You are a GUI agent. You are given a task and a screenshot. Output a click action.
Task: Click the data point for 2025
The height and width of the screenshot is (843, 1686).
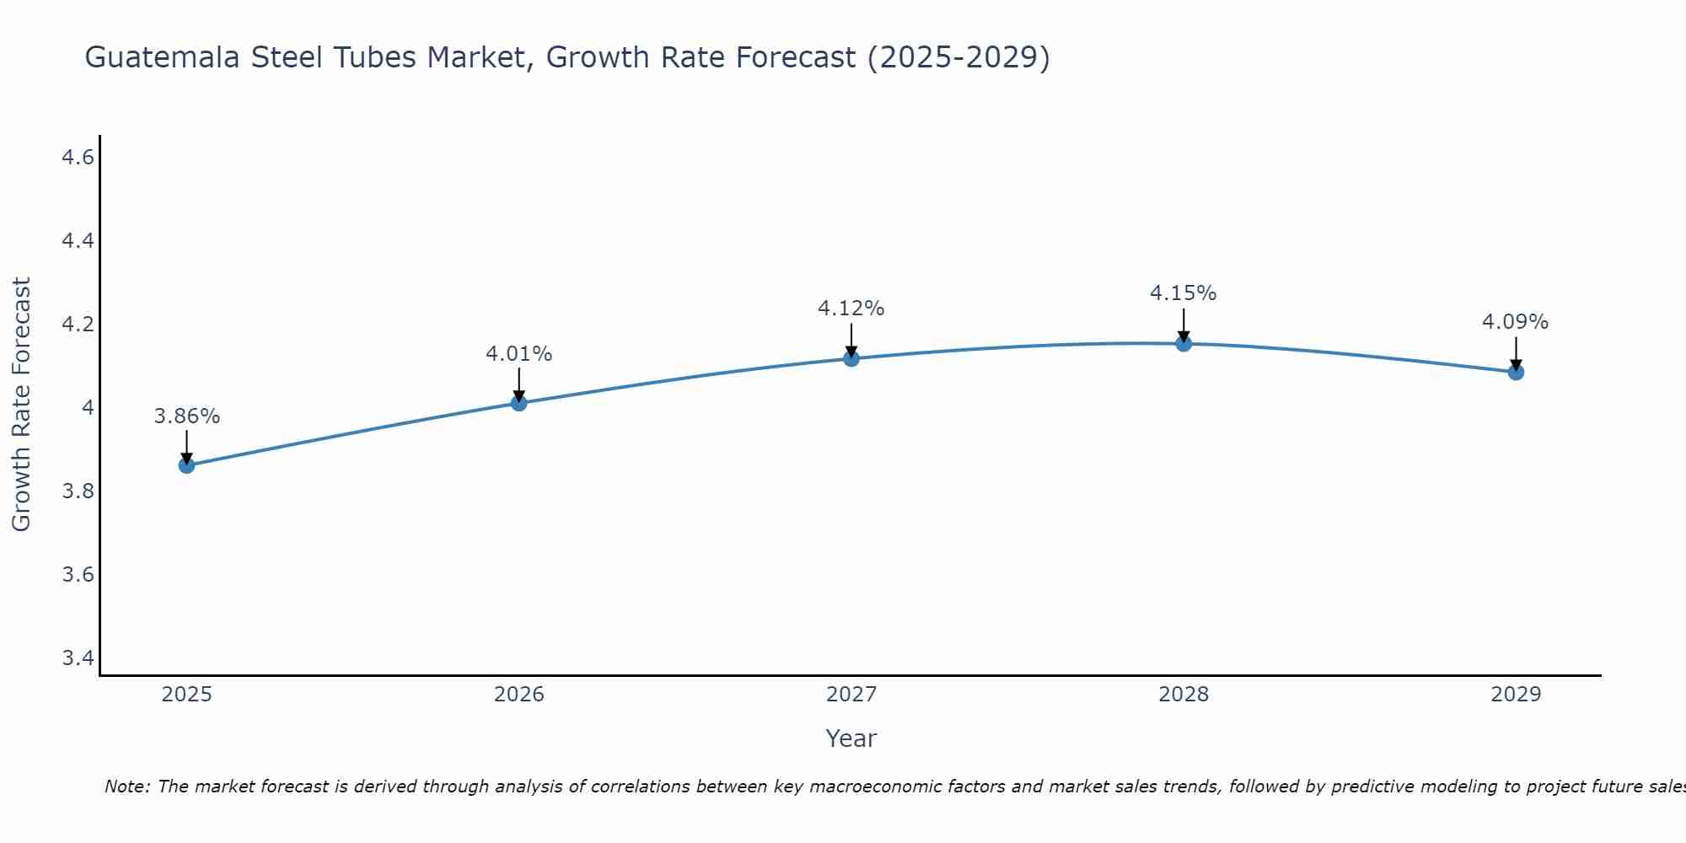coord(186,465)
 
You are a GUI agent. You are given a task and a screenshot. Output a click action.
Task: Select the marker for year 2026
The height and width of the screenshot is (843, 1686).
coord(518,403)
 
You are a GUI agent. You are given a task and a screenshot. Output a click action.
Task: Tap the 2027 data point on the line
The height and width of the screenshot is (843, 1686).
coord(851,358)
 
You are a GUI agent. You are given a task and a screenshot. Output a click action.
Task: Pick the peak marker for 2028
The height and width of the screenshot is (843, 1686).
coord(1184,343)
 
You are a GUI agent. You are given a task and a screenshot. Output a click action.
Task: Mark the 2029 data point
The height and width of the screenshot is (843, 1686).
coord(1516,372)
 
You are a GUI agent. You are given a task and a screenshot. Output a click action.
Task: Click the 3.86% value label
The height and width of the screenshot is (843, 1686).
coord(186,416)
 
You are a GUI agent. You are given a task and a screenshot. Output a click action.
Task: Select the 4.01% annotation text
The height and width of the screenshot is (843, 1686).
coord(518,354)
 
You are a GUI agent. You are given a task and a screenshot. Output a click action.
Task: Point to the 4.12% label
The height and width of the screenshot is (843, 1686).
coord(851,309)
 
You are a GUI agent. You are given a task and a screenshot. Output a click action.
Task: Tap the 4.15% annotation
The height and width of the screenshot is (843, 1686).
coord(1184,293)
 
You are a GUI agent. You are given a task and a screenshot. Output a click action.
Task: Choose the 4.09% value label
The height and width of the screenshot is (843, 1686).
coord(1516,322)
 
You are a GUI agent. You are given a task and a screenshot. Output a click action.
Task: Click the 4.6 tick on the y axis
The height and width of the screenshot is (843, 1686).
coord(78,158)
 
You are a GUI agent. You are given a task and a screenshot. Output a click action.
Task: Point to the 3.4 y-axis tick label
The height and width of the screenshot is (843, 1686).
coord(78,658)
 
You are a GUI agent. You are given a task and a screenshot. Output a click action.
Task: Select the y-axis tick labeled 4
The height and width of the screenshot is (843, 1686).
coord(87,408)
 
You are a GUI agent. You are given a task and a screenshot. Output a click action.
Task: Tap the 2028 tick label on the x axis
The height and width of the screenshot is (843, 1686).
coord(1184,695)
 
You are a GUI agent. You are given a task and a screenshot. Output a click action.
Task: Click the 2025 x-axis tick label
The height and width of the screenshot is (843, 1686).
coord(186,695)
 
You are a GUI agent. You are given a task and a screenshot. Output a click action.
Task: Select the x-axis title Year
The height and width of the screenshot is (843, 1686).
coord(851,738)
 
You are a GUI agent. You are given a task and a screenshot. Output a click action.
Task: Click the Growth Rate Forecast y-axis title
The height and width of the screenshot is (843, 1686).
coord(21,404)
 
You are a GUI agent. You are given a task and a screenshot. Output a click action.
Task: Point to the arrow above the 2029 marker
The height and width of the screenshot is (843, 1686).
coord(1516,352)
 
